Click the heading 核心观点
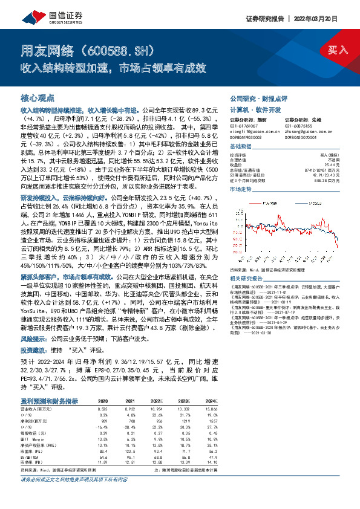coord(38,98)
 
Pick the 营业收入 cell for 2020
coord(103,410)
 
